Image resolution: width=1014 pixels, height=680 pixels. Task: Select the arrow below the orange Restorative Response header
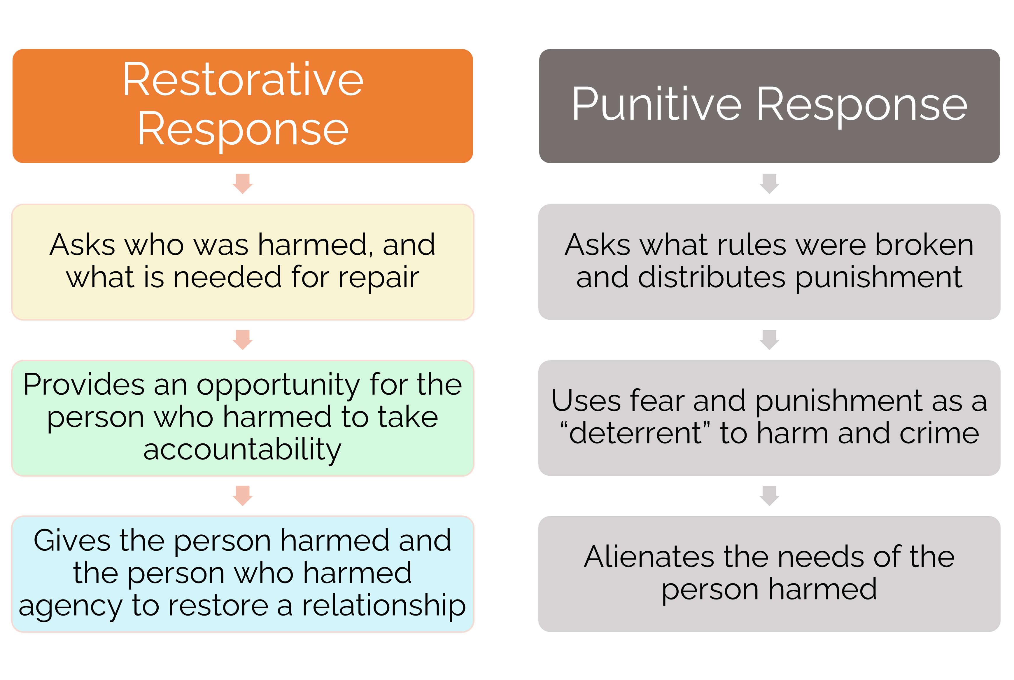pyautogui.click(x=243, y=184)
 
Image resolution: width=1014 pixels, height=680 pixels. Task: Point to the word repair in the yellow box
pyautogui.click(x=379, y=278)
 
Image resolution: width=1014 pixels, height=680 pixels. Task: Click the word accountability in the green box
pyautogui.click(x=242, y=450)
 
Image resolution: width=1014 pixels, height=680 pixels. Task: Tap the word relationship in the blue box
pyautogui.click(x=384, y=606)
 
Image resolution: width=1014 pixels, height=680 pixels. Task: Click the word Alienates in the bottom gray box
pyautogui.click(x=648, y=557)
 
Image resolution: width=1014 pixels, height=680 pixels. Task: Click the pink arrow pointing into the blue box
pyautogui.click(x=243, y=496)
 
